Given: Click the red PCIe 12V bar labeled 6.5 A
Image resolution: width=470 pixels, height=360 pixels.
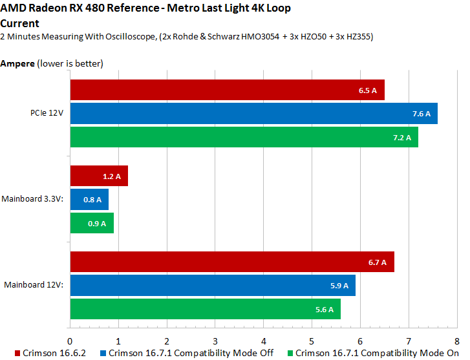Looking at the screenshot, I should pos(227,90).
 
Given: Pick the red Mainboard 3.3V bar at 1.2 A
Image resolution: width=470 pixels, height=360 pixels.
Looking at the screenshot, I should pos(99,176).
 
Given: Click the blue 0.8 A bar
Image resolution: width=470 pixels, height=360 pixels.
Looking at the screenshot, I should pos(89,199).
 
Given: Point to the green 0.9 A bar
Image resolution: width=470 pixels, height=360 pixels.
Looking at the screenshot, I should pos(92,222).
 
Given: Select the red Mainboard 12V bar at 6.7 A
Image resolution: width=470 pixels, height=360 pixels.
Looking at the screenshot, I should pos(231,262).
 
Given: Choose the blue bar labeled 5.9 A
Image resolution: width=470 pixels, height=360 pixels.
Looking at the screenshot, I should pos(212,285).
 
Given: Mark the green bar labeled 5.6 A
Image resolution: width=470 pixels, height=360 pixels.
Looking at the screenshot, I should pos(205,309).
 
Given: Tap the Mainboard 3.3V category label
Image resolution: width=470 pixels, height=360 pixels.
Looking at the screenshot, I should pos(33,199).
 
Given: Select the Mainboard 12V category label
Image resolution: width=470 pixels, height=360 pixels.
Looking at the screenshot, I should pos(34,285).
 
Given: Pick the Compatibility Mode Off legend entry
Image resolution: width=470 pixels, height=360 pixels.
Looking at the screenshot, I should pos(187,353).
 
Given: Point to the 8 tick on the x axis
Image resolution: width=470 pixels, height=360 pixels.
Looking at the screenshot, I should pos(456,339).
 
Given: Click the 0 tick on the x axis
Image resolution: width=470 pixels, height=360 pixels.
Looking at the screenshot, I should pos(70,339).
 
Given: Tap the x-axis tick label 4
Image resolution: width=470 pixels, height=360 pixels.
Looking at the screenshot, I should pos(263,339).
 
